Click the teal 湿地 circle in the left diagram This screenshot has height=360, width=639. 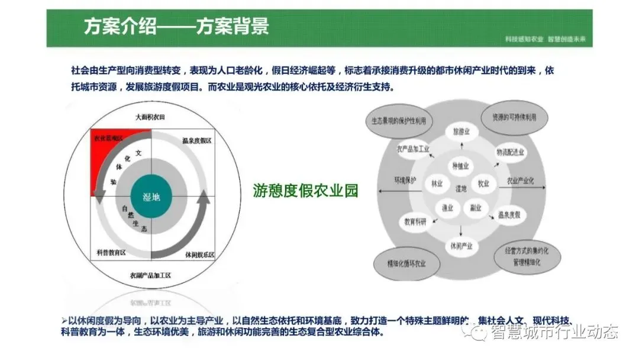point(151,197)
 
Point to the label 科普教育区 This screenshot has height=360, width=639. point(111,253)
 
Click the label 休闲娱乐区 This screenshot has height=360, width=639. point(199,255)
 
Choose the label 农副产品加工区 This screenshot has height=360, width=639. point(150,275)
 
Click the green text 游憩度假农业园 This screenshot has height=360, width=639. point(305,191)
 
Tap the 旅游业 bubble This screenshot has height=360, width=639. point(461,131)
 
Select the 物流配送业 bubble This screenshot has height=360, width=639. point(509,152)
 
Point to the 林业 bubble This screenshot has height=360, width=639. point(438,183)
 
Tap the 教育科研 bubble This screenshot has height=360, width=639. point(416,222)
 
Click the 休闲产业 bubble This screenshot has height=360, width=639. point(461,246)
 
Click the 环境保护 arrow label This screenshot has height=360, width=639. point(405,179)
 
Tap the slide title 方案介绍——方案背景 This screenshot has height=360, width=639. point(176,27)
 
